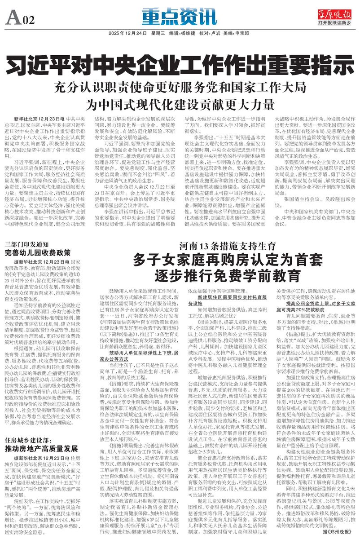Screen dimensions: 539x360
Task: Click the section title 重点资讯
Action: point(180,18)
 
